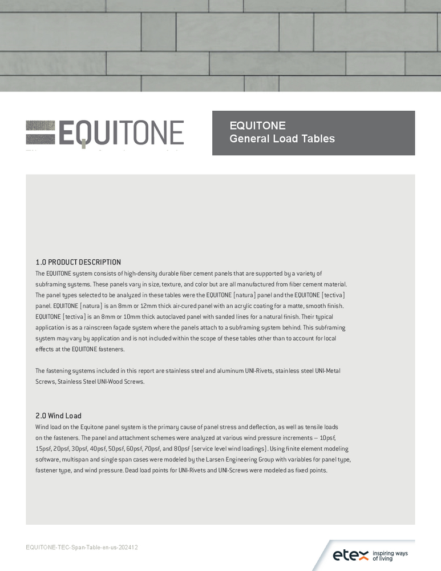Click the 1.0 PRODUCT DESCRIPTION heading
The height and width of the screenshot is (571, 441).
click(x=78, y=262)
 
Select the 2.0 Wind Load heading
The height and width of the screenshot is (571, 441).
click(x=59, y=416)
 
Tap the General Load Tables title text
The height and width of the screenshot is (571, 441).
click(x=282, y=139)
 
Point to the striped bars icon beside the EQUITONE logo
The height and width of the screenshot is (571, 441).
click(x=41, y=132)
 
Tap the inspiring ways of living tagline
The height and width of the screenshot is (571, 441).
click(x=390, y=556)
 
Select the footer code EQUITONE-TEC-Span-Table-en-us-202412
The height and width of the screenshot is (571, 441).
click(x=82, y=547)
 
